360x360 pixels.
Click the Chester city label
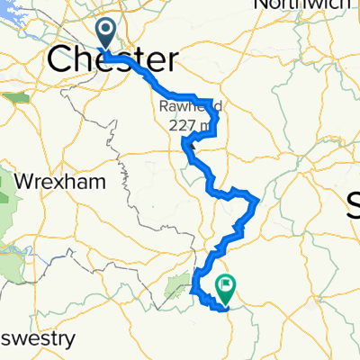click(112, 60)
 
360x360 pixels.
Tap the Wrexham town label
click(65, 181)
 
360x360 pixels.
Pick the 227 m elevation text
click(183, 125)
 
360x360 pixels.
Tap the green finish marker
click(224, 289)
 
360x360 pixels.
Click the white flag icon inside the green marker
click(224, 287)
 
